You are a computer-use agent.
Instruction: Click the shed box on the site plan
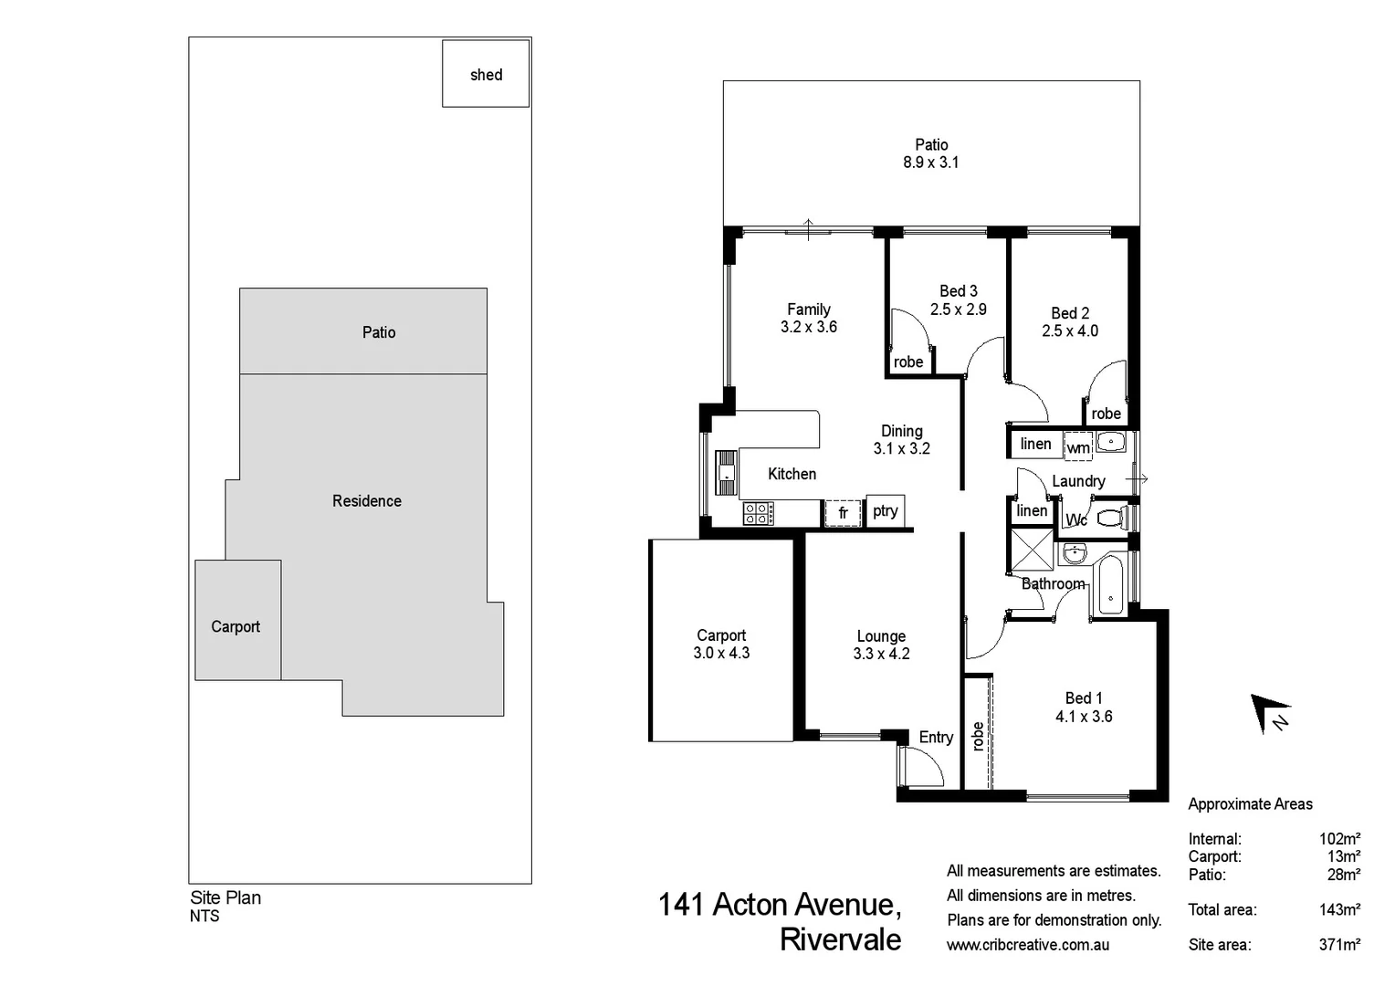coord(486,74)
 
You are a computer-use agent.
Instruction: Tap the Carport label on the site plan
coord(236,626)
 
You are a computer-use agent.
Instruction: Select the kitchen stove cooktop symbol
coord(758,513)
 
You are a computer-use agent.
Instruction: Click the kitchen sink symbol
coord(726,472)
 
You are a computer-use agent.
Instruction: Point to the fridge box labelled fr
coord(843,513)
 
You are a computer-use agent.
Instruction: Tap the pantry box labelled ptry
coord(885,511)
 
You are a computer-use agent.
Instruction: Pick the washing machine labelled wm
coord(1078,446)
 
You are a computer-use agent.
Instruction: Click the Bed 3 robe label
coord(908,362)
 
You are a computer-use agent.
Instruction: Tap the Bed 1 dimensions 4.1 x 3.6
coord(1084,717)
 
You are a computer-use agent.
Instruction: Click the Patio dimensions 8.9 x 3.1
coord(931,163)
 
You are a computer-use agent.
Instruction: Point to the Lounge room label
coord(881,636)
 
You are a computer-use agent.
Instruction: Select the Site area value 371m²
coord(1339,944)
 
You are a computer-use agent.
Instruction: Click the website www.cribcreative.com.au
coord(1028,945)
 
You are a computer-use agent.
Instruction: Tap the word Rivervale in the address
coord(840,939)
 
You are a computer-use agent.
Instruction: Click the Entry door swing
coord(908,765)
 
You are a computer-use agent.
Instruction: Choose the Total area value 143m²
coord(1339,909)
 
